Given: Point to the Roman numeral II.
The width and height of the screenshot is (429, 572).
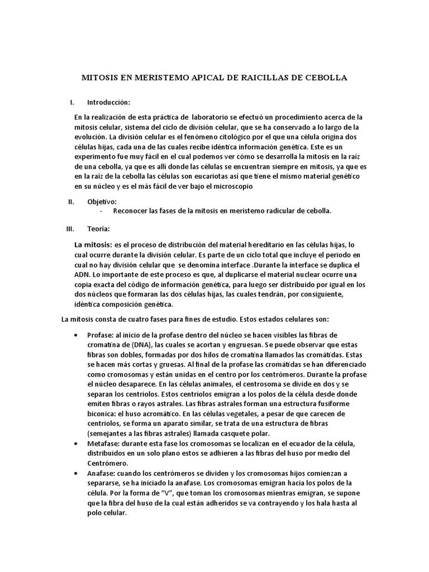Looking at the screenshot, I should click(70, 202).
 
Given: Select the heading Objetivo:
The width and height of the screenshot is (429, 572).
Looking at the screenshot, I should click(102, 202).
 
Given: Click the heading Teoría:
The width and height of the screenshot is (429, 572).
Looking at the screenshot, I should click(98, 229).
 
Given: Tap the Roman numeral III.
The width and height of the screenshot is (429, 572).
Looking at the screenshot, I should click(70, 229).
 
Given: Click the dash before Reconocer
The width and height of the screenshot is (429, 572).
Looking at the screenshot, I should click(101, 211).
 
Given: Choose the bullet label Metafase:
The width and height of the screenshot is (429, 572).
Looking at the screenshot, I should click(104, 443).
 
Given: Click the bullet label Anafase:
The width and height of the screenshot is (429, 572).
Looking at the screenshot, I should click(102, 473).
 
